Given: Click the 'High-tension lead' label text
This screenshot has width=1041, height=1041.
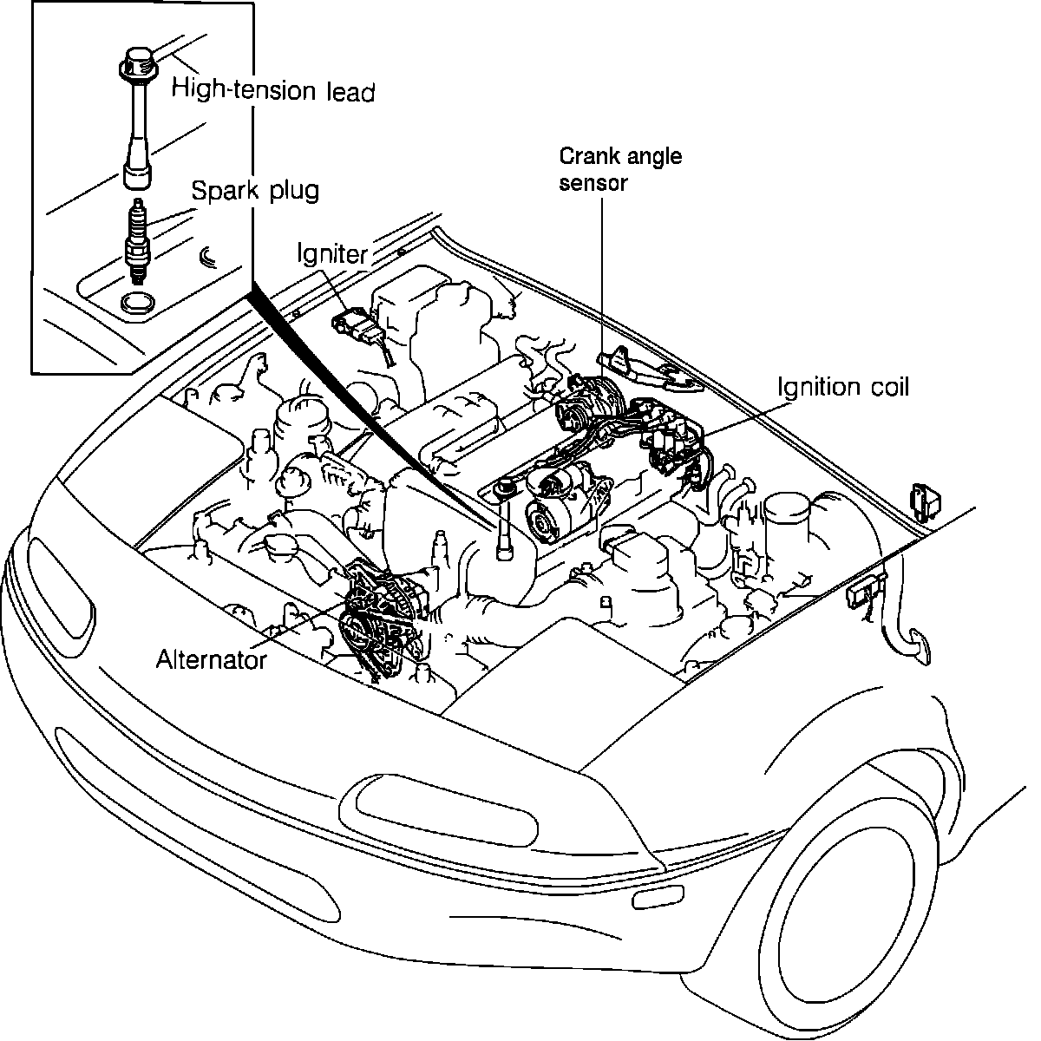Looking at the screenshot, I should click(272, 89).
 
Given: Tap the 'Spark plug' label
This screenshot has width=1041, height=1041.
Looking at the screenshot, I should click(254, 190).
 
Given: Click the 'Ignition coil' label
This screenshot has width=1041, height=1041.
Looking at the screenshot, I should click(843, 387).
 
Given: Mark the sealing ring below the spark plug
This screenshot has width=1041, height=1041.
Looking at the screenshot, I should click(137, 303).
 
